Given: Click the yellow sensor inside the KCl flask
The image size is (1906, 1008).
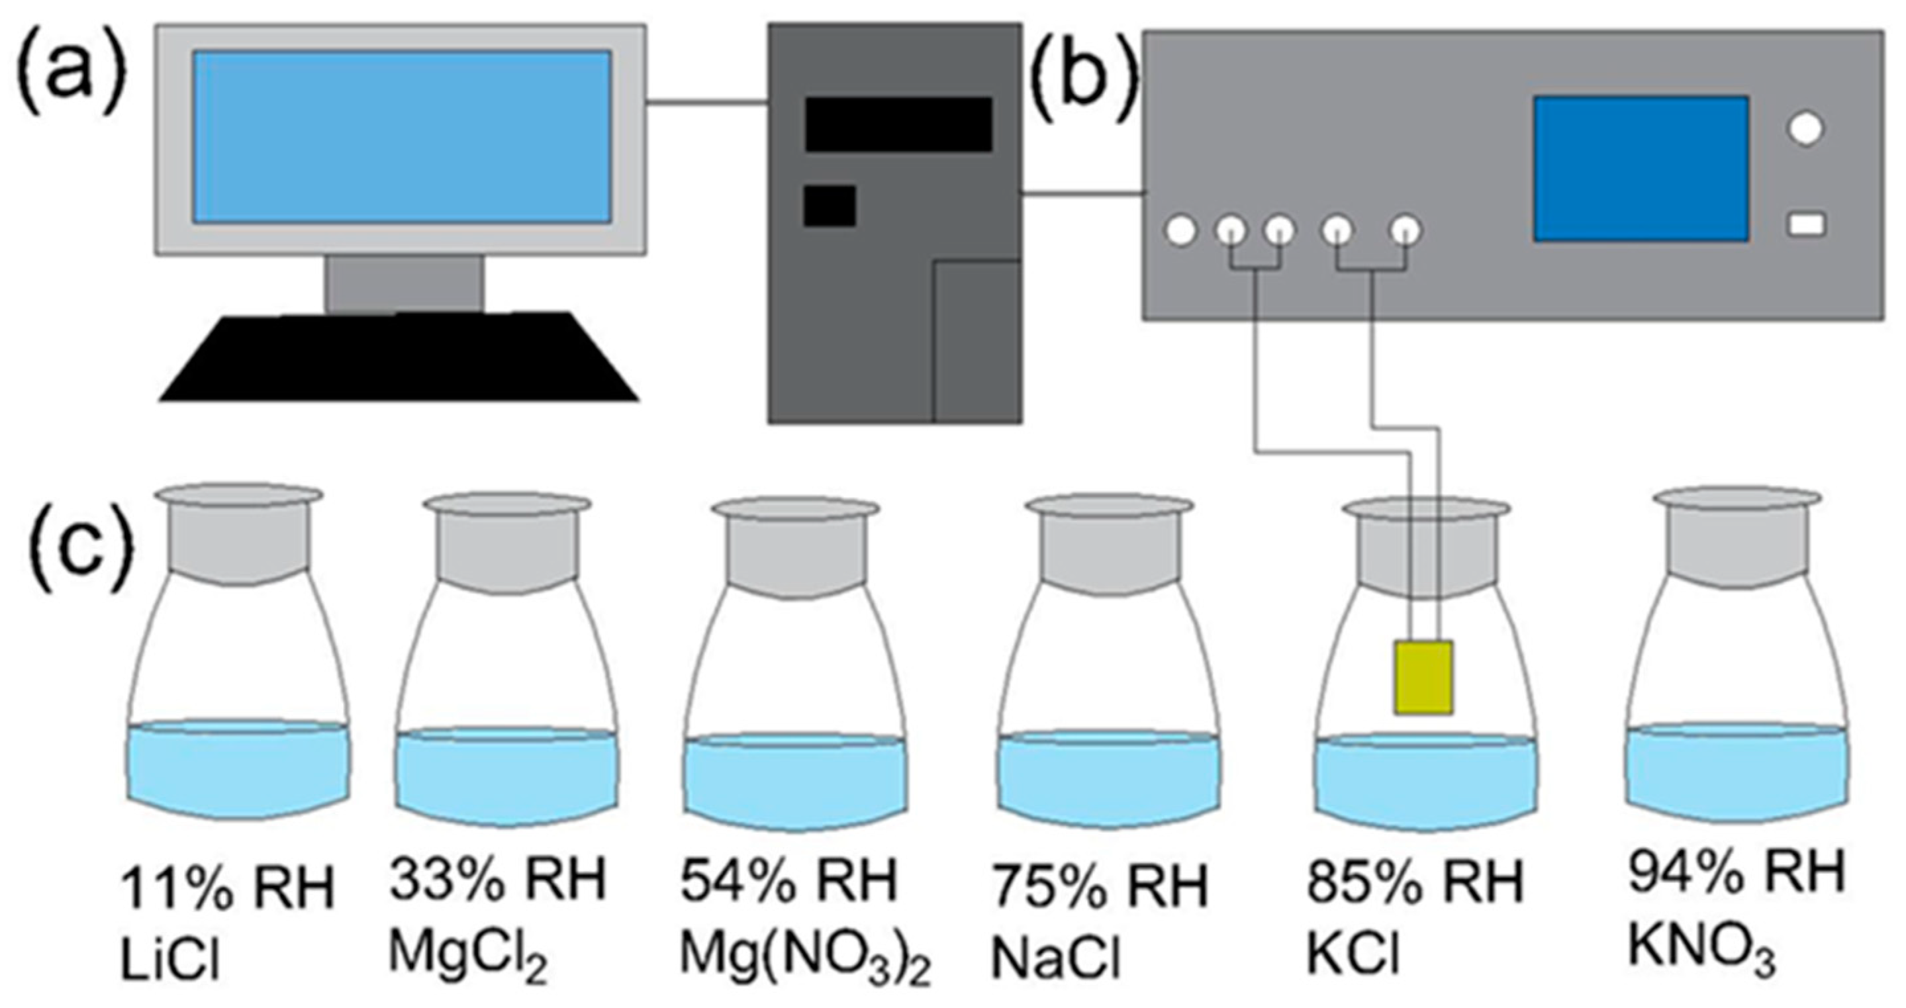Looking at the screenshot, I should point(1423,678).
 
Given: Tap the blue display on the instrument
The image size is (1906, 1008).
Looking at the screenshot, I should point(1641,178).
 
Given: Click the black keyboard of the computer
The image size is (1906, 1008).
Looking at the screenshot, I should point(400,358).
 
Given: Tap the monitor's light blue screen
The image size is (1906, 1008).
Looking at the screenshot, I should point(402,137).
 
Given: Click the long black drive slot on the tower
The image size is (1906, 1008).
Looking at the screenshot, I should point(898,124).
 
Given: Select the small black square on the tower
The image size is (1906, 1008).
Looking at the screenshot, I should point(830,206).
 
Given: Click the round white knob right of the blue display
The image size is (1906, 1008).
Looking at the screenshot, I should point(1806,128).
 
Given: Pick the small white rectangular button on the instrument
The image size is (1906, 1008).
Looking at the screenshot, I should point(1806,225).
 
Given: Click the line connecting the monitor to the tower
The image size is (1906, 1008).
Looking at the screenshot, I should point(706,103).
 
